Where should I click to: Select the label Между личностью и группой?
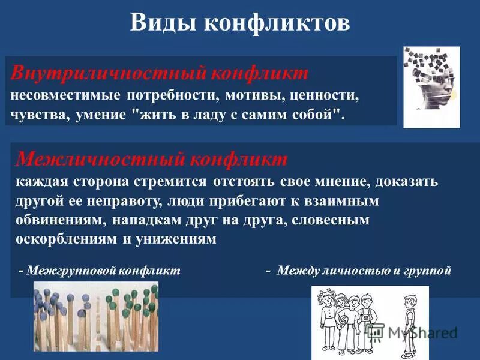360,271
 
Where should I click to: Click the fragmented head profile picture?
431,87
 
